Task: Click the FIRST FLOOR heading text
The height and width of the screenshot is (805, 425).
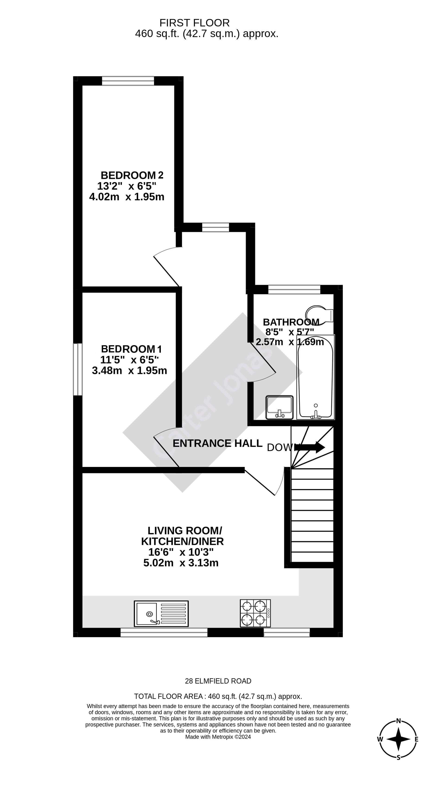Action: click(194, 23)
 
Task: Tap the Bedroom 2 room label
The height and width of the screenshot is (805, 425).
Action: click(132, 175)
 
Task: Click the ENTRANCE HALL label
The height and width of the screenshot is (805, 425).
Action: click(217, 443)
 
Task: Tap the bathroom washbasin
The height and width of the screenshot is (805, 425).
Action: click(279, 407)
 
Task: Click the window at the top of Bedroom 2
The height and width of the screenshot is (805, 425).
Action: click(128, 81)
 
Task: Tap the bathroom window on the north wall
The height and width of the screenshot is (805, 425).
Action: click(294, 290)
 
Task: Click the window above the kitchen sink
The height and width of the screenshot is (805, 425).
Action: click(164, 632)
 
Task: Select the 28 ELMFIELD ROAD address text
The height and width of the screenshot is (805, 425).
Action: click(218, 681)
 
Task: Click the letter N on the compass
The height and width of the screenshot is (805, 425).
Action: click(398, 721)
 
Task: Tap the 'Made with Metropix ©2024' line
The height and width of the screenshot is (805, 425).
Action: click(218, 737)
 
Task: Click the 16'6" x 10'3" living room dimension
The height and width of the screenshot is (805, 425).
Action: click(181, 552)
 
